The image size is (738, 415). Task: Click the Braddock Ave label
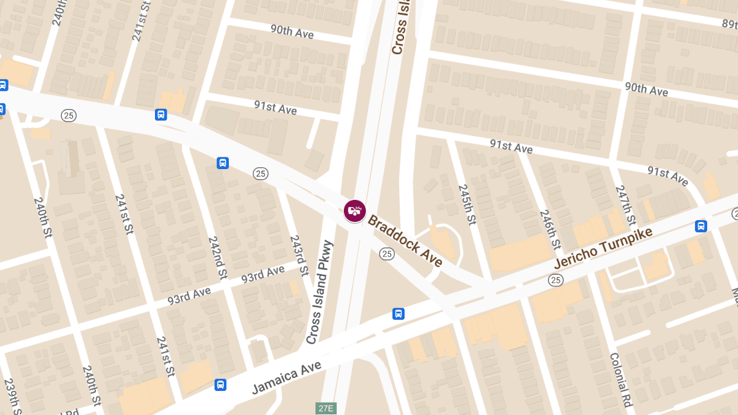tap(405, 240)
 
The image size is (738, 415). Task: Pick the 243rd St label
tap(299, 255)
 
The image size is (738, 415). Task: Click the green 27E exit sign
tap(327, 408)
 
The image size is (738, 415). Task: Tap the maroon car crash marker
tap(355, 211)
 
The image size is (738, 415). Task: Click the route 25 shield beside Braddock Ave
tap(386, 253)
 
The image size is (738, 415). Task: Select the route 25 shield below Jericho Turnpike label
tap(556, 280)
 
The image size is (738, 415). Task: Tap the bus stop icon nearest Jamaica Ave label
tap(221, 385)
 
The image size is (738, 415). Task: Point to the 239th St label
tap(13, 397)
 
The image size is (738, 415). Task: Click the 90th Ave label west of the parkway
tap(292, 31)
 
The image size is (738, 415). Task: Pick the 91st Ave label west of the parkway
tap(276, 107)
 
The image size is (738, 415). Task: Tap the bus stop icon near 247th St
tap(700, 226)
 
